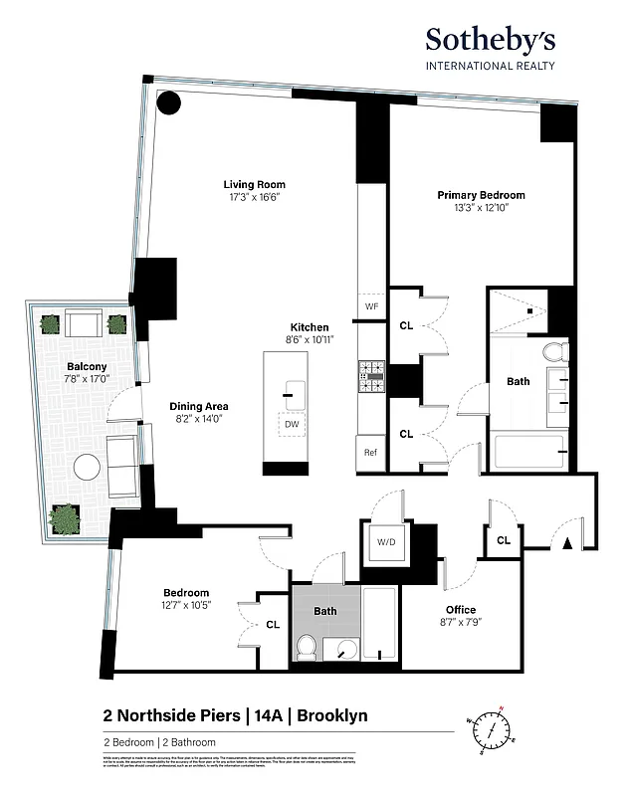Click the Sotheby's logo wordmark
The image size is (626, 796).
click(x=491, y=41)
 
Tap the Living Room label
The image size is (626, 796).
click(x=254, y=184)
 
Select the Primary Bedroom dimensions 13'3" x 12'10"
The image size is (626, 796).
click(x=481, y=209)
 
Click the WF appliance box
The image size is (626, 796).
click(x=371, y=305)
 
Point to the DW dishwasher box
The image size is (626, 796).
click(x=292, y=424)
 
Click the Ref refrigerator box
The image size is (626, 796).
click(x=370, y=453)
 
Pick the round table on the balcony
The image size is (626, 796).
click(x=88, y=467)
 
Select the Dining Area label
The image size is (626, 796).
click(x=199, y=406)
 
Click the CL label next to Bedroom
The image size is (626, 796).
click(x=273, y=625)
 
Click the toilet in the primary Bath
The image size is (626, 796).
click(x=557, y=351)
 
